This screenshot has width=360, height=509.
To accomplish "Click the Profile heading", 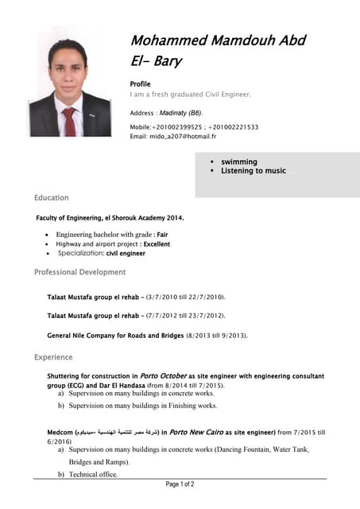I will pyautogui.click(x=140, y=83).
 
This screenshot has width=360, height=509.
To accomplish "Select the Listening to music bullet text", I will pyautogui.click(x=253, y=171).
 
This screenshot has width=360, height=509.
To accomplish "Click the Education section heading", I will pyautogui.click(x=52, y=197).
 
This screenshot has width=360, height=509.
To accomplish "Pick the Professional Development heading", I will pyautogui.click(x=79, y=272).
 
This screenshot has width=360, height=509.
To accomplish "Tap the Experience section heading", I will pyautogui.click(x=53, y=358).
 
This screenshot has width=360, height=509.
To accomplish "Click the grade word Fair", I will pyautogui.click(x=162, y=235).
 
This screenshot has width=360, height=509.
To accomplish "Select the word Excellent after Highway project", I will pyautogui.click(x=157, y=244).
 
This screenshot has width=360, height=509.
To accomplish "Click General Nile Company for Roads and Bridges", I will pyautogui.click(x=115, y=336).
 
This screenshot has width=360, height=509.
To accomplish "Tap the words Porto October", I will pyautogui.click(x=163, y=375).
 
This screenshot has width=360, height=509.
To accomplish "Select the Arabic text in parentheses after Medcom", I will pyautogui.click(x=116, y=433).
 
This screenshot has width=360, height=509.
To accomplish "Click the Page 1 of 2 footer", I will pyautogui.click(x=180, y=484).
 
